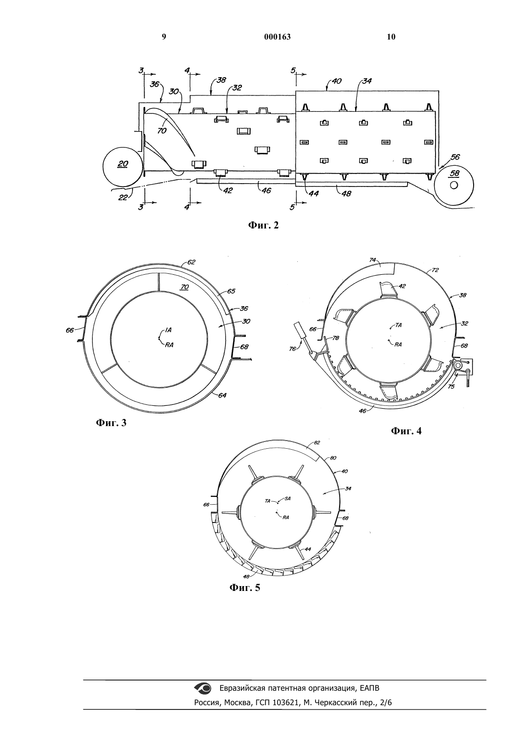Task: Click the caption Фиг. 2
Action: [263, 225]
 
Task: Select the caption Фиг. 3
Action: [111, 423]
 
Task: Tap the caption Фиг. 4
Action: [406, 431]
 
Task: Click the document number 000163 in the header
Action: [278, 37]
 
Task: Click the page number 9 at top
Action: [164, 37]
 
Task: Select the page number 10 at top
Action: [391, 37]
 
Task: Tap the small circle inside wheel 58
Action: [454, 185]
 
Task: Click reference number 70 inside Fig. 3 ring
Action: [185, 287]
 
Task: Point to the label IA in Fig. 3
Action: [168, 330]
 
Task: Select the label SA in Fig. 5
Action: [288, 498]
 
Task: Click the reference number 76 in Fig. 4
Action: [292, 349]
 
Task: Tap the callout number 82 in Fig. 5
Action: [317, 442]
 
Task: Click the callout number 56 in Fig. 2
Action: [455, 157]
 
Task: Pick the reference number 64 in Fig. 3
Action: [222, 395]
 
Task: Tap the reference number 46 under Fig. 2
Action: [266, 190]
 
